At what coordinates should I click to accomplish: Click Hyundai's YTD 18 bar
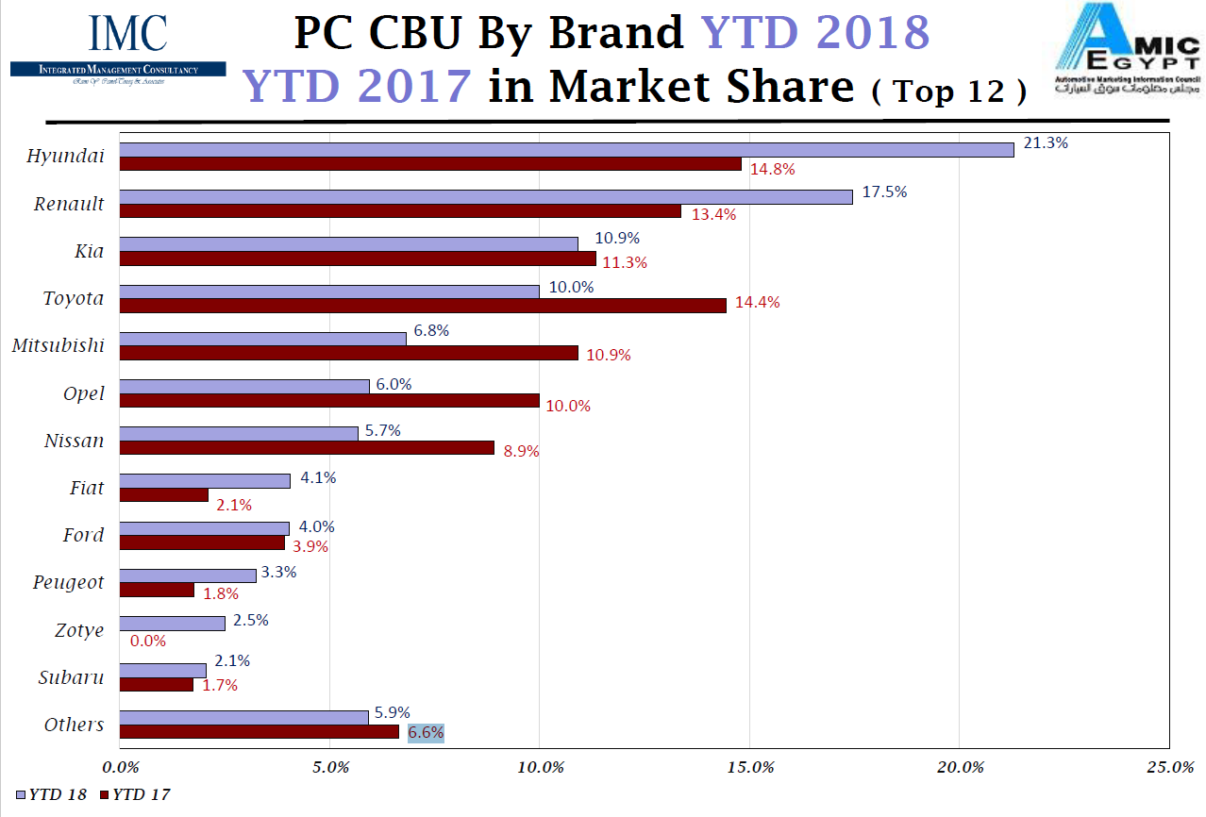point(566,149)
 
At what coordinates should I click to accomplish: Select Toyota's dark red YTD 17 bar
point(423,306)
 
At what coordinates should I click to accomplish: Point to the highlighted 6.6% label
point(426,733)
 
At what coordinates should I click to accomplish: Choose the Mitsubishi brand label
point(59,345)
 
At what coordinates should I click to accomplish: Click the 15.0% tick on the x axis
point(749,767)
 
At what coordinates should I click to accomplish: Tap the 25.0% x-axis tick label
point(1169,767)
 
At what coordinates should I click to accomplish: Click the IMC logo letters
point(127,34)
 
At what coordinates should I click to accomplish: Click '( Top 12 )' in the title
point(948,92)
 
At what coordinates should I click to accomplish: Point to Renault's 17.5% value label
point(884,192)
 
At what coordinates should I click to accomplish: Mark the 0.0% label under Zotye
point(148,641)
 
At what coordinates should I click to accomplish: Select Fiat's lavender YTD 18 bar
point(205,481)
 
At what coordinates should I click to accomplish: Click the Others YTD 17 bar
point(260,732)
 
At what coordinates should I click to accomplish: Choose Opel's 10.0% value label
point(568,407)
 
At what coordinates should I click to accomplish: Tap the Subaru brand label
point(72,677)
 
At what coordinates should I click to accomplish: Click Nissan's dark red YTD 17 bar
point(307,448)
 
